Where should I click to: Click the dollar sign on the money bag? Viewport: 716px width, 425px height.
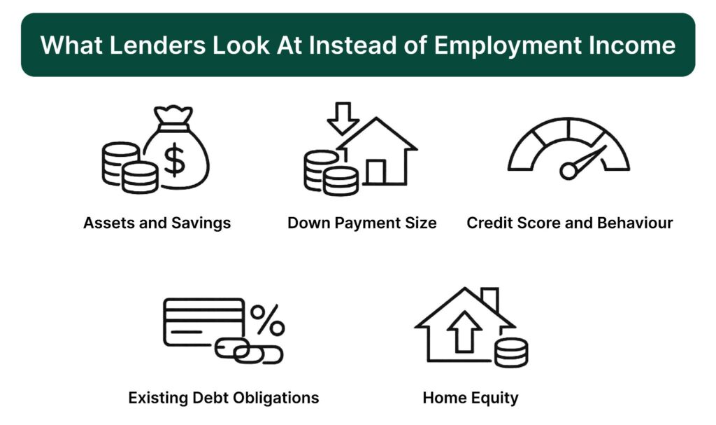[175, 160]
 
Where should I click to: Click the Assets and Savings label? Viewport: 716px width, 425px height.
[157, 223]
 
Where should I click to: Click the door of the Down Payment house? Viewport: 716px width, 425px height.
[376, 172]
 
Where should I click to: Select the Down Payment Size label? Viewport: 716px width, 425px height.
[362, 223]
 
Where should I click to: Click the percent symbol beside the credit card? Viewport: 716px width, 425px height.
[268, 319]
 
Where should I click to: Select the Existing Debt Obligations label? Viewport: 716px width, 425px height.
[224, 398]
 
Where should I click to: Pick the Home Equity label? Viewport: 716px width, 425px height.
[471, 398]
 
